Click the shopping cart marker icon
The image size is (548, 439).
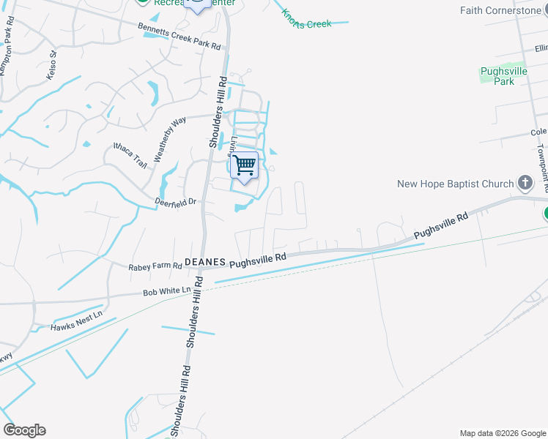[244, 165]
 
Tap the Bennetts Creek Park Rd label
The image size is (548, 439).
[179, 35]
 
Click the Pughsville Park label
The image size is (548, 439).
[503, 76]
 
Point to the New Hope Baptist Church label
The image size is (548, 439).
[456, 184]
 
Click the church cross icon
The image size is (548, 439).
[525, 183]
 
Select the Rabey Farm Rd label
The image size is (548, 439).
[155, 268]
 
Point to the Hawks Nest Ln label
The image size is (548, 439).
[77, 323]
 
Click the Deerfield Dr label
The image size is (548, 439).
[177, 201]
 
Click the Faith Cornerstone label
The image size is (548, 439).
[500, 10]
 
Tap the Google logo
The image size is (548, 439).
[24, 430]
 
